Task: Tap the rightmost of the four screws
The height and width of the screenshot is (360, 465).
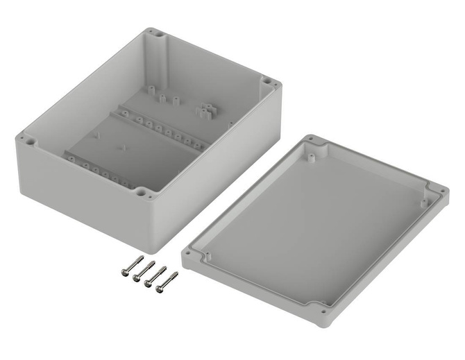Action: pyautogui.click(x=167, y=281)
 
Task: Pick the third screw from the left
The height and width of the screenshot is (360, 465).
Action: pyautogui.click(x=155, y=275)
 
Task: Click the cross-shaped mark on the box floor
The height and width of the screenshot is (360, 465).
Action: pyautogui.click(x=123, y=147)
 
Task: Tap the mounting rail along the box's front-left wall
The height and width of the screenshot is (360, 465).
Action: pyautogui.click(x=101, y=170)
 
